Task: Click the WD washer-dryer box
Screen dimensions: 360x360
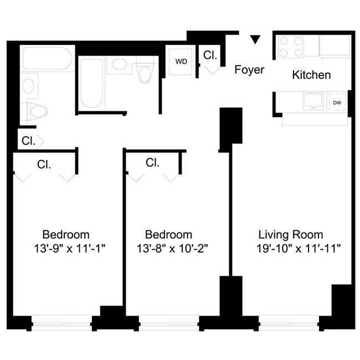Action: click(181, 61)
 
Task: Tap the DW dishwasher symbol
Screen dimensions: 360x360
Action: click(337, 102)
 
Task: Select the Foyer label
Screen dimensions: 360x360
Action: click(249, 70)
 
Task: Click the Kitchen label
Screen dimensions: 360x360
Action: click(311, 75)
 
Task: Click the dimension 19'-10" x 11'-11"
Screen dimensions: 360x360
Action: click(299, 249)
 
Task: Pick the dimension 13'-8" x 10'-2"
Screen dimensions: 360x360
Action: click(168, 249)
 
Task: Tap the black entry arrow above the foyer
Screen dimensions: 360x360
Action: click(255, 39)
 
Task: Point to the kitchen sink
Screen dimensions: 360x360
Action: click(310, 102)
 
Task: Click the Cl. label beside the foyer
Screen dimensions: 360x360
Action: click(210, 55)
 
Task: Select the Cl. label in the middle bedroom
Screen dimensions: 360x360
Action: click(153, 163)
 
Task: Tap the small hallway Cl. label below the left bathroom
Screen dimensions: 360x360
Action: click(28, 141)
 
